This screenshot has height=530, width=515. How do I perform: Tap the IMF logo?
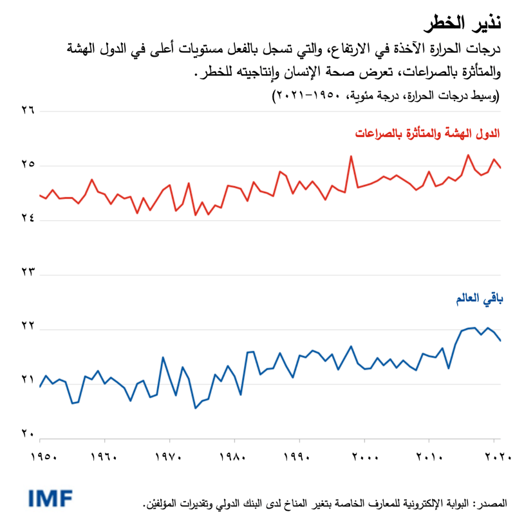coord(50,497)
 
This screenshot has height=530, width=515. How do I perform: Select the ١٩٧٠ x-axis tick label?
coord(171,459)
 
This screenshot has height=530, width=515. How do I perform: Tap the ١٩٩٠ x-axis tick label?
coord(300,459)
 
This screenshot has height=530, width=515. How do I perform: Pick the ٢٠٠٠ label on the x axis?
coord(364,459)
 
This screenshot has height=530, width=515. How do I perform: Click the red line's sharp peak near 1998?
coord(351,156)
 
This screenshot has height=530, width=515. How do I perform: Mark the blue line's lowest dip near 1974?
coord(195,408)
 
